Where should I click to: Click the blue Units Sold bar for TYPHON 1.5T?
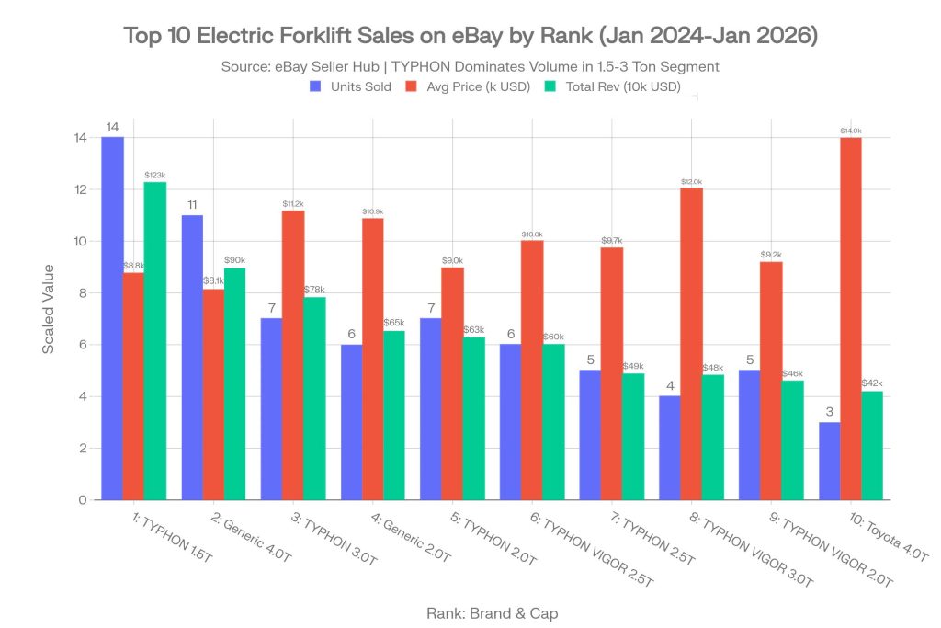113,318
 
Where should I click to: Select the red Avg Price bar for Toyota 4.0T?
850,318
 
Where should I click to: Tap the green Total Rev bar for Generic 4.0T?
234,383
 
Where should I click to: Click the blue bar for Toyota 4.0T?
830,461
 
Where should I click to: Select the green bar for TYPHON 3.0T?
314,398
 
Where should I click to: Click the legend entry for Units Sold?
350,86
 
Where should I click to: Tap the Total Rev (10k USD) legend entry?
616,86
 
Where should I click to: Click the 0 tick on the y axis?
82,500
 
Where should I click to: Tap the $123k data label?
154,175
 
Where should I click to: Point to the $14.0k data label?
850,131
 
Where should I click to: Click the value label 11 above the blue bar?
193,205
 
